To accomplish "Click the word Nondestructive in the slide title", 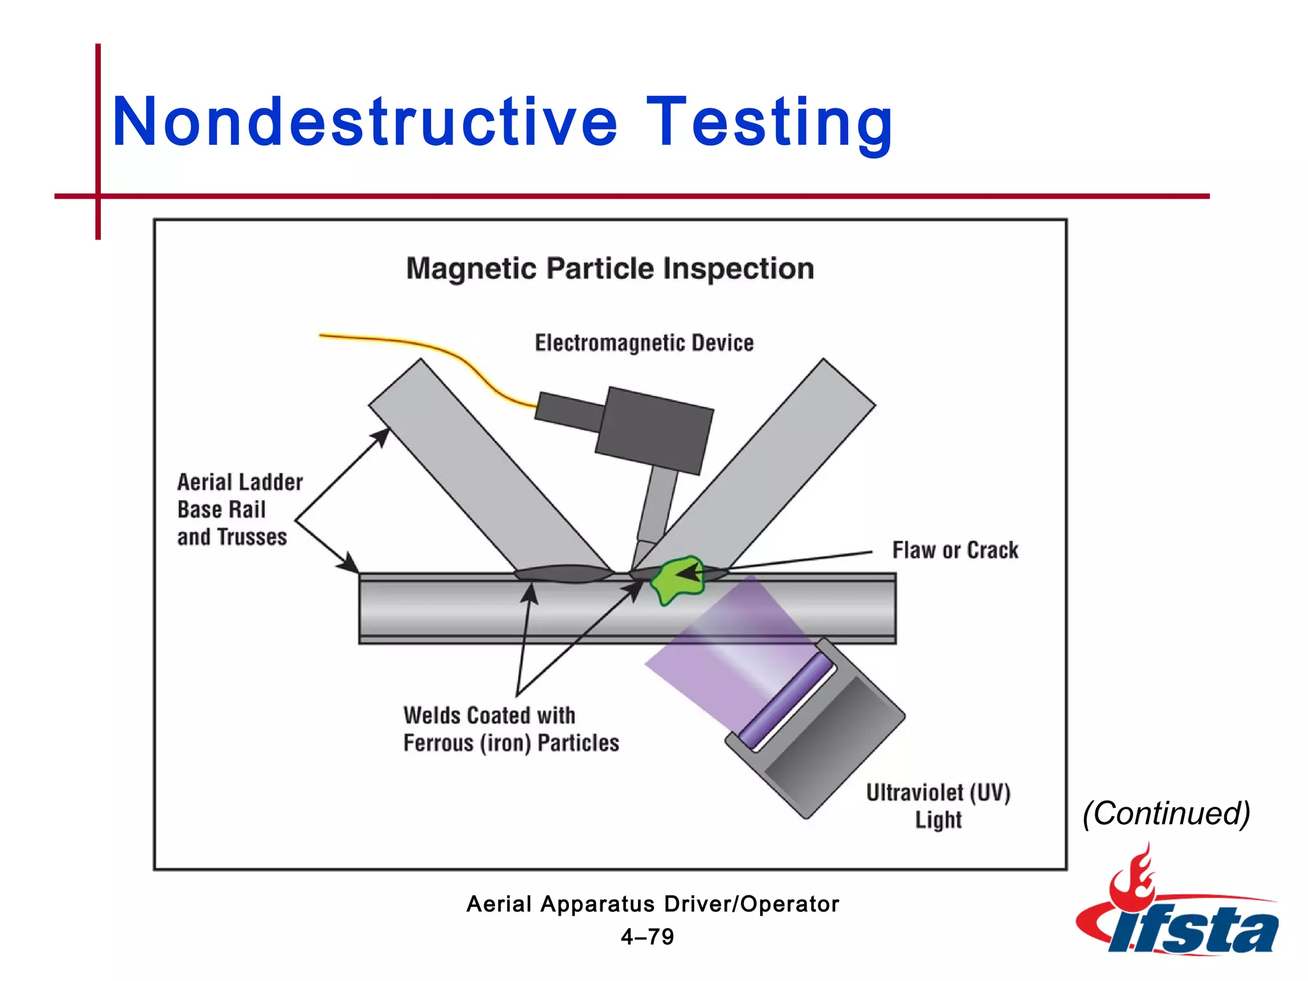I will tap(364, 121).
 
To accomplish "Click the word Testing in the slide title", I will tap(769, 121).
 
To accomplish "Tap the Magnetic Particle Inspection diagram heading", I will tap(610, 268).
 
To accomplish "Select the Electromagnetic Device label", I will tap(644, 343).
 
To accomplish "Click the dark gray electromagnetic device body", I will tap(655, 430).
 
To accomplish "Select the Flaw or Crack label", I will tap(955, 550).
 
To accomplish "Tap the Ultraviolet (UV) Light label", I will tap(938, 805).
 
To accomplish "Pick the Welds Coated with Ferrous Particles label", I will tap(510, 729).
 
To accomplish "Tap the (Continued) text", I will tap(1166, 813).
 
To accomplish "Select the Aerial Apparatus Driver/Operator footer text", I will tap(652, 904).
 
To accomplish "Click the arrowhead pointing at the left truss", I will tap(382, 437).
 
